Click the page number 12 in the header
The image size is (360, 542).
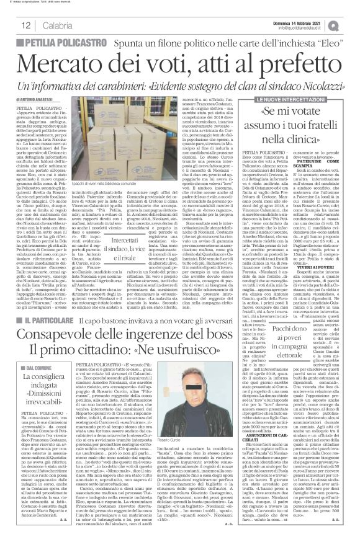coord(26,24)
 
